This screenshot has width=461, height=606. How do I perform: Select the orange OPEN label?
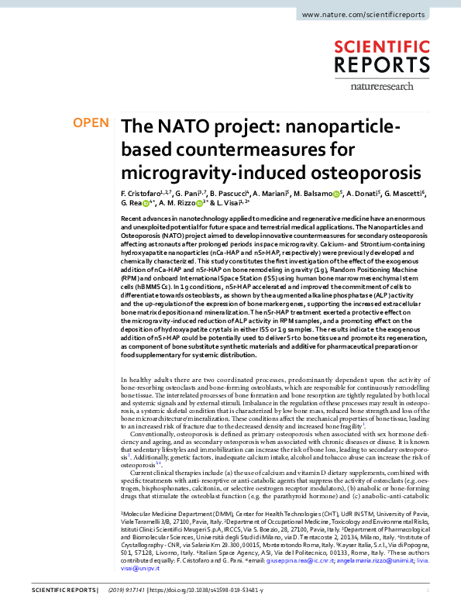(x=90, y=123)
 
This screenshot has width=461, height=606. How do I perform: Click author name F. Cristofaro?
(x=143, y=192)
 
